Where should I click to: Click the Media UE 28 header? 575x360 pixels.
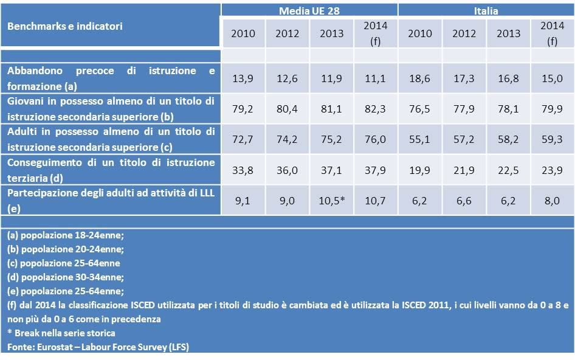309,10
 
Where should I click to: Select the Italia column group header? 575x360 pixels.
486,10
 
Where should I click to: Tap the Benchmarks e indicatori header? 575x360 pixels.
65,26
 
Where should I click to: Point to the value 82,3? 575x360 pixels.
375,109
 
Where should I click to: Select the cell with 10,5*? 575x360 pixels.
331,201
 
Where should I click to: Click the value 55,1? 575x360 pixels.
420,140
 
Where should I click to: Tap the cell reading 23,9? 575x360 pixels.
552,170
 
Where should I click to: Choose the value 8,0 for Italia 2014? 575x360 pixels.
552,201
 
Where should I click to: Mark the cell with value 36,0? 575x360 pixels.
287,170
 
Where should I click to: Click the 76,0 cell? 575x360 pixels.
375,140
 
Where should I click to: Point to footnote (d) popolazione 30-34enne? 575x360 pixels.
66,277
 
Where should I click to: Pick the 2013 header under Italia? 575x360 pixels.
508,33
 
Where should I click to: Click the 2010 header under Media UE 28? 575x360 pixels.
243,33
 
